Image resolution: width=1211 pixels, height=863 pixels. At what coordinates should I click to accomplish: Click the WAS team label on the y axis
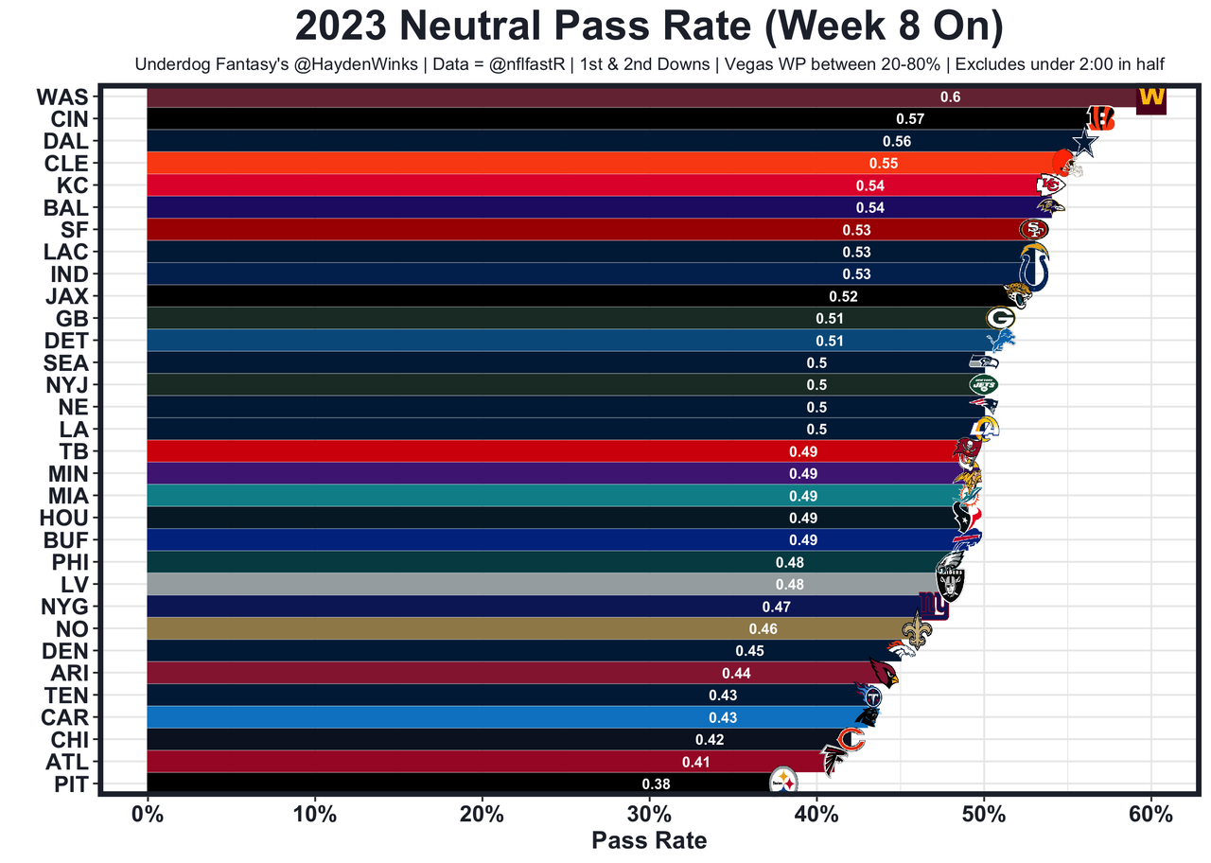pyautogui.click(x=61, y=97)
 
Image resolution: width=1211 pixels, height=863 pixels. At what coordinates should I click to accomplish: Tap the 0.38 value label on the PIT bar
pyautogui.click(x=656, y=784)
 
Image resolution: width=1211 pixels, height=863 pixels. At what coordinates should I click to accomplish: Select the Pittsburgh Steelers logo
pyautogui.click(x=784, y=781)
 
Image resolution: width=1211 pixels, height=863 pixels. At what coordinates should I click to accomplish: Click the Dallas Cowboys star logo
pyautogui.click(x=1084, y=143)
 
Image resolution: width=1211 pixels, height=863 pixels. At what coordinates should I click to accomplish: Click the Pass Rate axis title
pyautogui.click(x=649, y=840)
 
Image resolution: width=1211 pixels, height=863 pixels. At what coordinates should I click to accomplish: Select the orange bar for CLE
pyautogui.click(x=473, y=164)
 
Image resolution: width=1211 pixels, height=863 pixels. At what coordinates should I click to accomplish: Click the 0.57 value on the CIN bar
pyautogui.click(x=910, y=119)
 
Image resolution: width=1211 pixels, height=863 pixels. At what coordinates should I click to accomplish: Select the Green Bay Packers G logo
pyautogui.click(x=1000, y=318)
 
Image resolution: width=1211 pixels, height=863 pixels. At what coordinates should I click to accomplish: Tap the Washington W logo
pyautogui.click(x=1151, y=98)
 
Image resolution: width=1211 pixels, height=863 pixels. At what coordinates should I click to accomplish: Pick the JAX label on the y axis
pyautogui.click(x=66, y=296)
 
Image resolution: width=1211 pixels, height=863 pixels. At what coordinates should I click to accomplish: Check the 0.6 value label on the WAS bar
pyautogui.click(x=950, y=97)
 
